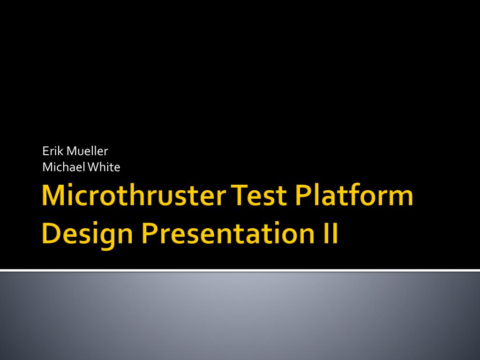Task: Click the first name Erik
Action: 53,151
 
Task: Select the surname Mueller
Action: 87,151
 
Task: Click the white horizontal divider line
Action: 240,270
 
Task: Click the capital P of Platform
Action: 303,195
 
